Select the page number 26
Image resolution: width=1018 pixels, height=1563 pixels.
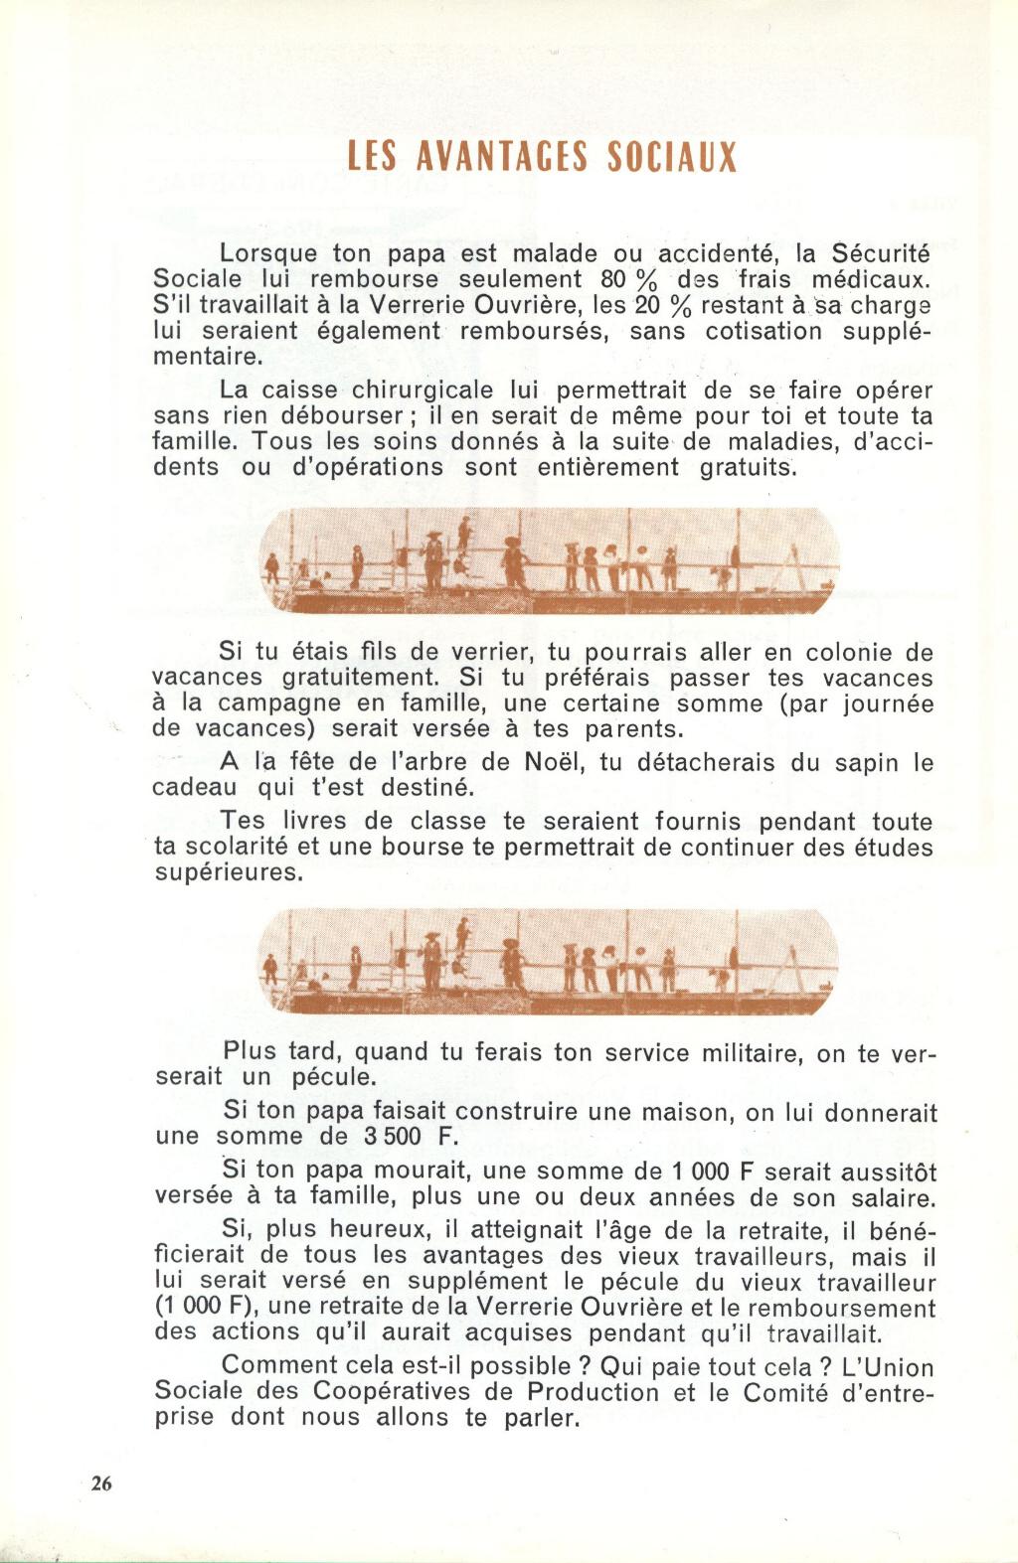(x=101, y=1484)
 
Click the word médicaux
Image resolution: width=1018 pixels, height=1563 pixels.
(x=871, y=279)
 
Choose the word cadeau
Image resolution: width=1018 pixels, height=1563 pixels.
(x=194, y=788)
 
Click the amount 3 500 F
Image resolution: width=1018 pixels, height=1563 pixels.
(x=406, y=1137)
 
